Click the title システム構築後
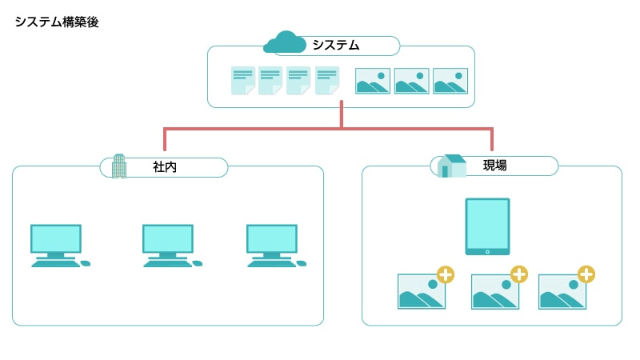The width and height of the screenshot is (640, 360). [56, 22]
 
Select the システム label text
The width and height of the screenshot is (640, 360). [336, 46]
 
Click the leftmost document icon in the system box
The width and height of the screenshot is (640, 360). [243, 80]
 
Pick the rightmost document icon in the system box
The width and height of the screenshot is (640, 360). [326, 80]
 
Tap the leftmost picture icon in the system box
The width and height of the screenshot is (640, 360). [373, 81]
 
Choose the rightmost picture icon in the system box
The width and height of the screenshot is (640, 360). [450, 81]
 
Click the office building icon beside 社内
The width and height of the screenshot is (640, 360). [119, 166]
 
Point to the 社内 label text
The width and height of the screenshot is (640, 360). [164, 167]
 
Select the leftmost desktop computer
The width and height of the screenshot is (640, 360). [56, 243]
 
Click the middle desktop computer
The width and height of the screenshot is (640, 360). [168, 243]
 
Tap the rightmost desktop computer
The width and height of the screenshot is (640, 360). [272, 243]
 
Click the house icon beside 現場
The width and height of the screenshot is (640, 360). [452, 166]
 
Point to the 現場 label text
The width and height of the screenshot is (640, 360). [495, 166]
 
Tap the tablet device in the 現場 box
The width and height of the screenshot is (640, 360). [487, 226]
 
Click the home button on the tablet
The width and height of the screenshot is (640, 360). [487, 251]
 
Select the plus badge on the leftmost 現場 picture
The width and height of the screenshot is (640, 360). [446, 274]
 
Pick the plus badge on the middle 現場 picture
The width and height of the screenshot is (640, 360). [519, 274]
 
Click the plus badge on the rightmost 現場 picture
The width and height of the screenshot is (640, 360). [586, 274]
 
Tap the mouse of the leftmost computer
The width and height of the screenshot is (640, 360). [86, 263]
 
